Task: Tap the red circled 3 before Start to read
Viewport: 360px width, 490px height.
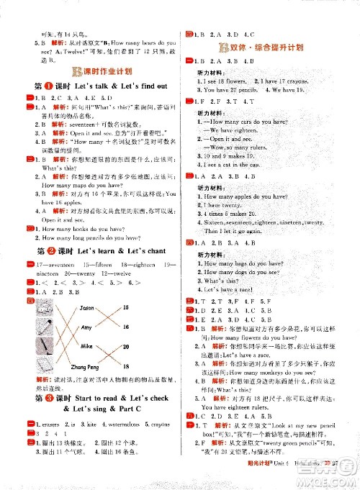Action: (45, 396)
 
